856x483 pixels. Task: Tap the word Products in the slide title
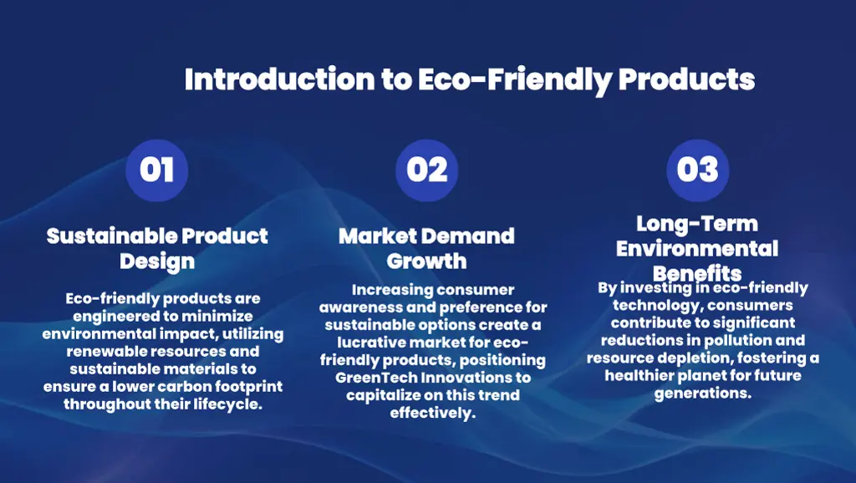coord(686,79)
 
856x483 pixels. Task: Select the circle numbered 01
coord(156,170)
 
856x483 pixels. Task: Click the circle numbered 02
coord(427,170)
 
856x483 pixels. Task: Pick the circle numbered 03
coord(697,170)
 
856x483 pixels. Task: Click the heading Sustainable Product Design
coord(157,248)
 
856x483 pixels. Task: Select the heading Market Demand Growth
coord(426,248)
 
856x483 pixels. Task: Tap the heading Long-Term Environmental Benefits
coord(696,248)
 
